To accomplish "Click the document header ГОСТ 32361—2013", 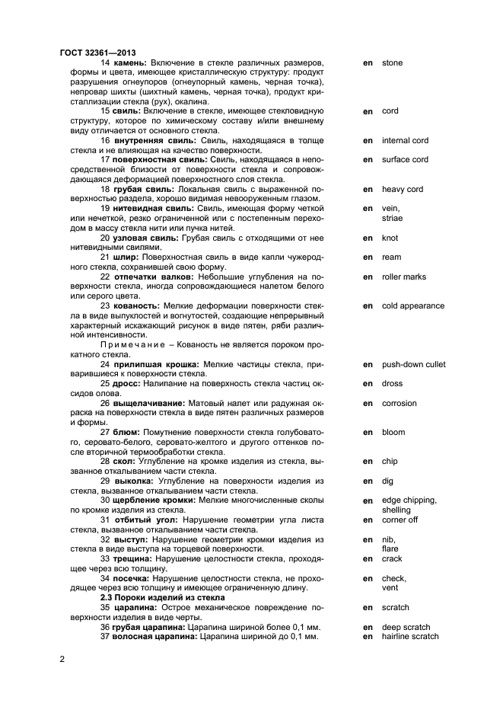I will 92,53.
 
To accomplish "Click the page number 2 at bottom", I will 62,658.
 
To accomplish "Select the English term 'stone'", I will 392,62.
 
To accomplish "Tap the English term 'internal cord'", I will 405,140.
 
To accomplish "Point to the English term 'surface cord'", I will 405,160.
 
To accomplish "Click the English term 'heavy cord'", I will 403,189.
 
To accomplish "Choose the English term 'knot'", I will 390,238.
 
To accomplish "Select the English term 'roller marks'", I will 404,277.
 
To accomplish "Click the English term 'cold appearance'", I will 413,306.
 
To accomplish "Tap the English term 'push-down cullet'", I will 414,365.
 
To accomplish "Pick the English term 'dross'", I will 392,384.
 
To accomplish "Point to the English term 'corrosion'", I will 399,404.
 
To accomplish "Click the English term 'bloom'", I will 393,433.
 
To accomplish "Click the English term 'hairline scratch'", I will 410,636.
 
